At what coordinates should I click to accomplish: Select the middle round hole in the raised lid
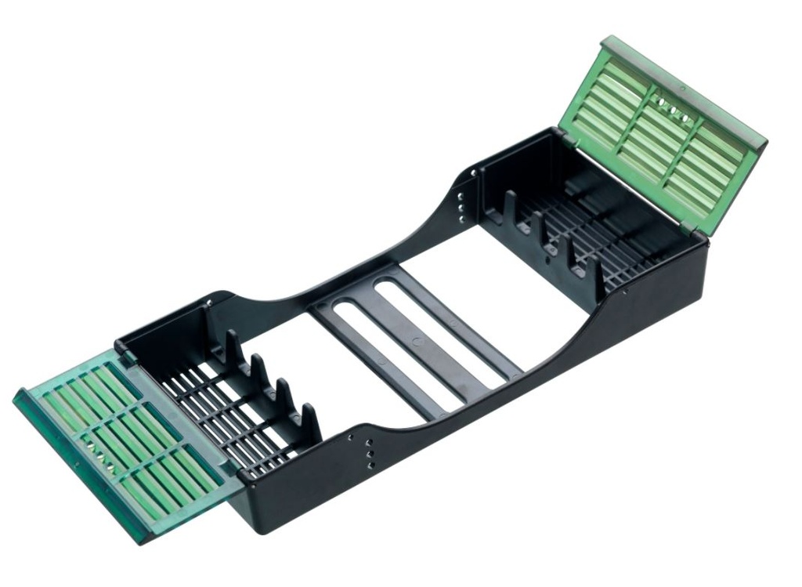coord(673,111)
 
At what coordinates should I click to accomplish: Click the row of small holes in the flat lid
coord(99,458)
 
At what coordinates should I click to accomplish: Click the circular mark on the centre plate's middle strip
coord(416,342)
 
